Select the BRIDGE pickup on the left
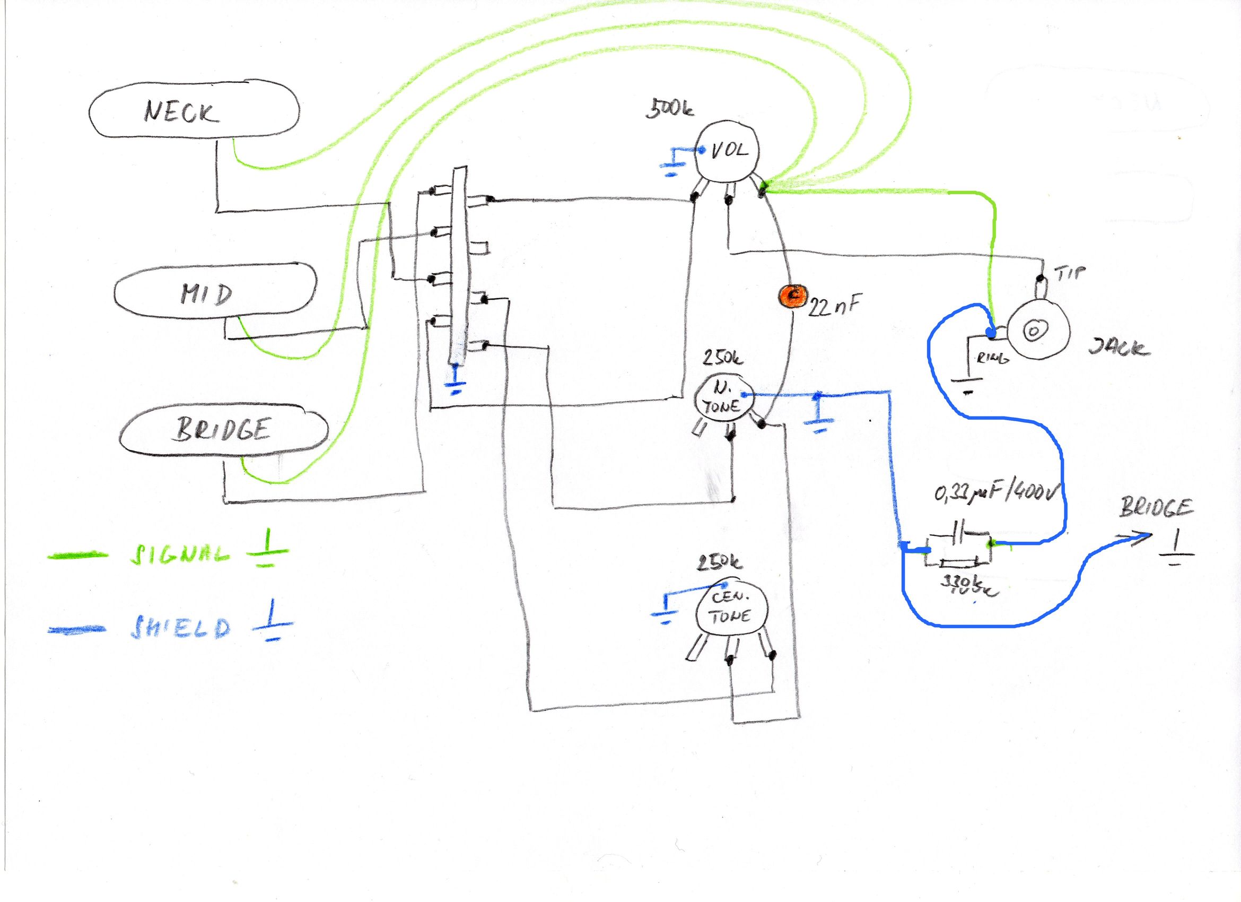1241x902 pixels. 223,429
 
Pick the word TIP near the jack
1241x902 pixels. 1070,272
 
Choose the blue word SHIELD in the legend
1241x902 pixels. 180,628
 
